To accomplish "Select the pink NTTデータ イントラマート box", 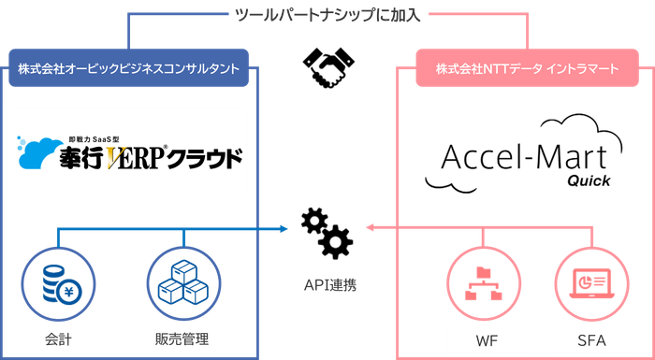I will pyautogui.click(x=528, y=70).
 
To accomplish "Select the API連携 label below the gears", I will pyautogui.click(x=327, y=282).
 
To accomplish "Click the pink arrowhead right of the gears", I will pyautogui.click(x=368, y=226).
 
